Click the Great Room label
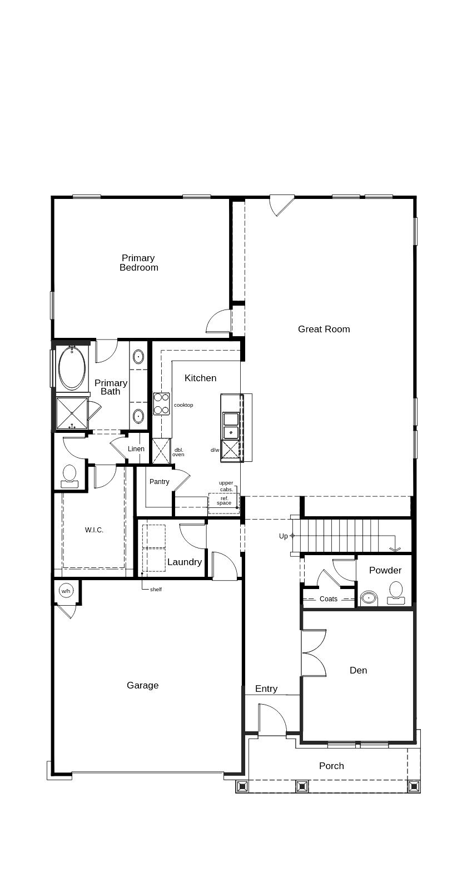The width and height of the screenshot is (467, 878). pos(324,329)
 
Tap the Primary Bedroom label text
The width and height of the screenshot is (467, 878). pos(138,263)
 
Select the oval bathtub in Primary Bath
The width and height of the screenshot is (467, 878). pos(72,368)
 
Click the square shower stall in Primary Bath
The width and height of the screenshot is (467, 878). pos(72,413)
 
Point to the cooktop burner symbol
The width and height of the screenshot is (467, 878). pos(161,403)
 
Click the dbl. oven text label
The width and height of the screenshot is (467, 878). pos(178,452)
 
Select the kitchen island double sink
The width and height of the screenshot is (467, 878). pos(231,425)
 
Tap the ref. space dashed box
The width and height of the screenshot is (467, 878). pos(223,502)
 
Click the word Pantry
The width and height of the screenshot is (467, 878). pos(159,482)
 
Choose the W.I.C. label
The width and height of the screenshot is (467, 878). pos(94,530)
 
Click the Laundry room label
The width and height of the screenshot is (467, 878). pos(184,562)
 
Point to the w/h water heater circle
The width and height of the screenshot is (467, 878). pos(66,591)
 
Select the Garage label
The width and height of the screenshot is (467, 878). pos(142,686)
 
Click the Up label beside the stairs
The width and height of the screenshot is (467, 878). pos(284,536)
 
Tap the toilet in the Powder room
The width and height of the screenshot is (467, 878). pos(396,592)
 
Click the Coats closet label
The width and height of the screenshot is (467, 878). pos(328,599)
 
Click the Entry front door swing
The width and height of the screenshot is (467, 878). pos(272,720)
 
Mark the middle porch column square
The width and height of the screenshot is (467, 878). pos(301,786)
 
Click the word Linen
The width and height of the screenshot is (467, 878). pos(136,449)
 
